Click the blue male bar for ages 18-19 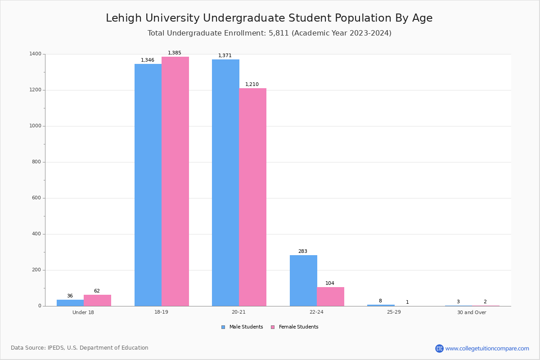148,184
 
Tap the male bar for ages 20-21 225,182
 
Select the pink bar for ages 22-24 330,297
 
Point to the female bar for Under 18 97,300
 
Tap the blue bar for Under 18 70,303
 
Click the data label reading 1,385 175,53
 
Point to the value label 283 303,252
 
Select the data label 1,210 252,85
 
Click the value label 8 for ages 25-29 380,301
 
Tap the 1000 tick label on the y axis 36,126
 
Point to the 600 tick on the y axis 36,198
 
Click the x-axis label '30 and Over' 472,312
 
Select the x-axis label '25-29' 394,312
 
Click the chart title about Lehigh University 269,18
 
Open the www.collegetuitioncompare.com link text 487,348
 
